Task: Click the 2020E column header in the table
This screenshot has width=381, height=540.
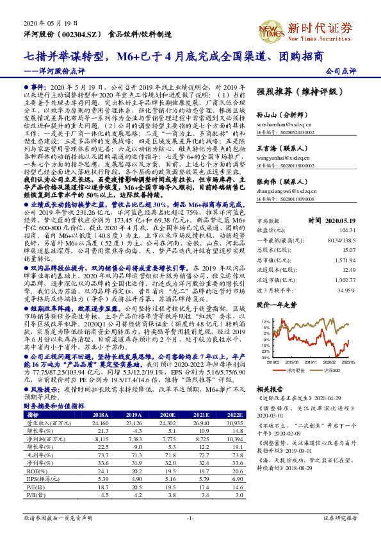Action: (x=164, y=414)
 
